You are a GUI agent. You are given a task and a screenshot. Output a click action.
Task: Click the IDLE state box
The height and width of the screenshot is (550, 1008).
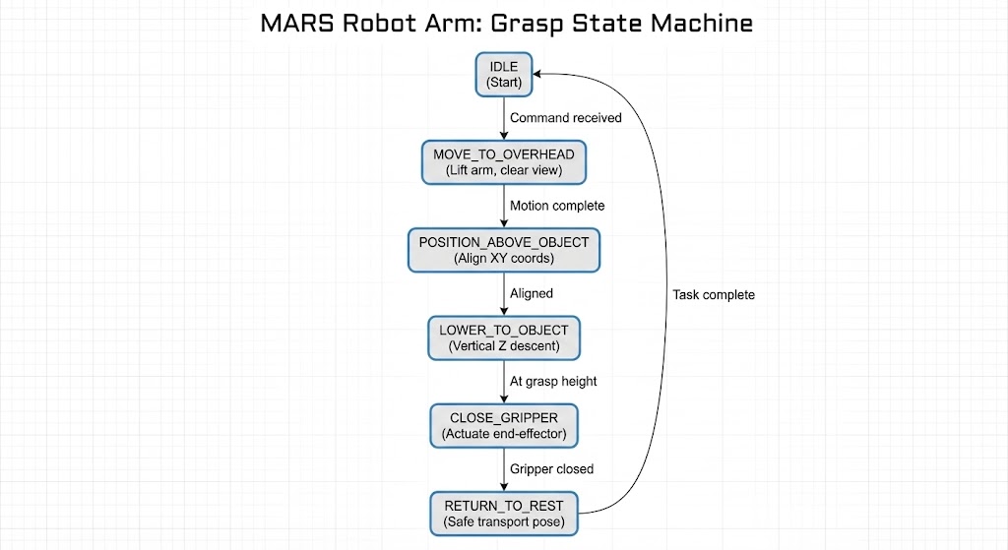coord(504,75)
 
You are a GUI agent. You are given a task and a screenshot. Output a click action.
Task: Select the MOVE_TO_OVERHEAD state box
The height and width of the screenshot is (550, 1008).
coord(504,162)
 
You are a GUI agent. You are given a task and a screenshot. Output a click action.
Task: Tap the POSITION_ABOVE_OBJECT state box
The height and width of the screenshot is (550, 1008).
coord(504,250)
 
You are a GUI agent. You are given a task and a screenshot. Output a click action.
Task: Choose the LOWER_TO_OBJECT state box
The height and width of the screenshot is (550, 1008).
coord(504,337)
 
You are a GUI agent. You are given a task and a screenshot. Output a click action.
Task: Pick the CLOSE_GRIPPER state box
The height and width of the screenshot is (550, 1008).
coord(504,425)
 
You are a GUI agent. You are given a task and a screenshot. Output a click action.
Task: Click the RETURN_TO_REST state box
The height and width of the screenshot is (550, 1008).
coord(504,513)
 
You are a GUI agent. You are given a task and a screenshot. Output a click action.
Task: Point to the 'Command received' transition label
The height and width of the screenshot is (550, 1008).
coord(565,118)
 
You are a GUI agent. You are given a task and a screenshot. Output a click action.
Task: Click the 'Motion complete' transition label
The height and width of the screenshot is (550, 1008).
coord(557,206)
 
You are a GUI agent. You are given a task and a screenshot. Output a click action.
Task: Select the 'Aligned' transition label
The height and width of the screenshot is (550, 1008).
coord(532,293)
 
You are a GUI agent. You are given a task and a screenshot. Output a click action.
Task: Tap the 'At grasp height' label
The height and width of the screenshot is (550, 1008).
coord(553,381)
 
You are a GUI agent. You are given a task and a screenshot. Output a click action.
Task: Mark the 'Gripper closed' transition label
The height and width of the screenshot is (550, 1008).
coord(551,468)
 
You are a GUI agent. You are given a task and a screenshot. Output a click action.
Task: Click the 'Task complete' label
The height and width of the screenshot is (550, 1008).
coord(714,294)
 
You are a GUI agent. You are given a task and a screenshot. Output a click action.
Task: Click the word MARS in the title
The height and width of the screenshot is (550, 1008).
coord(297,24)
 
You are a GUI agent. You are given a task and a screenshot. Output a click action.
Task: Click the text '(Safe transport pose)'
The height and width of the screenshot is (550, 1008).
coord(504,521)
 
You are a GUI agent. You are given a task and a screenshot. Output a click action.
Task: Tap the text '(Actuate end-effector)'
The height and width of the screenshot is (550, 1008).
coord(504,434)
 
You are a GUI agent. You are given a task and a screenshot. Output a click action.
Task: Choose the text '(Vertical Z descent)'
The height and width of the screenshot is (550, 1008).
coord(504,346)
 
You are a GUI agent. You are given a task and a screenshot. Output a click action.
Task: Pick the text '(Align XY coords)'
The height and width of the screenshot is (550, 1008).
coord(504,259)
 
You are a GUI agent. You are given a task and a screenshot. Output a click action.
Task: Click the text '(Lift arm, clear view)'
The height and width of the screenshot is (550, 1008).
coord(504,171)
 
